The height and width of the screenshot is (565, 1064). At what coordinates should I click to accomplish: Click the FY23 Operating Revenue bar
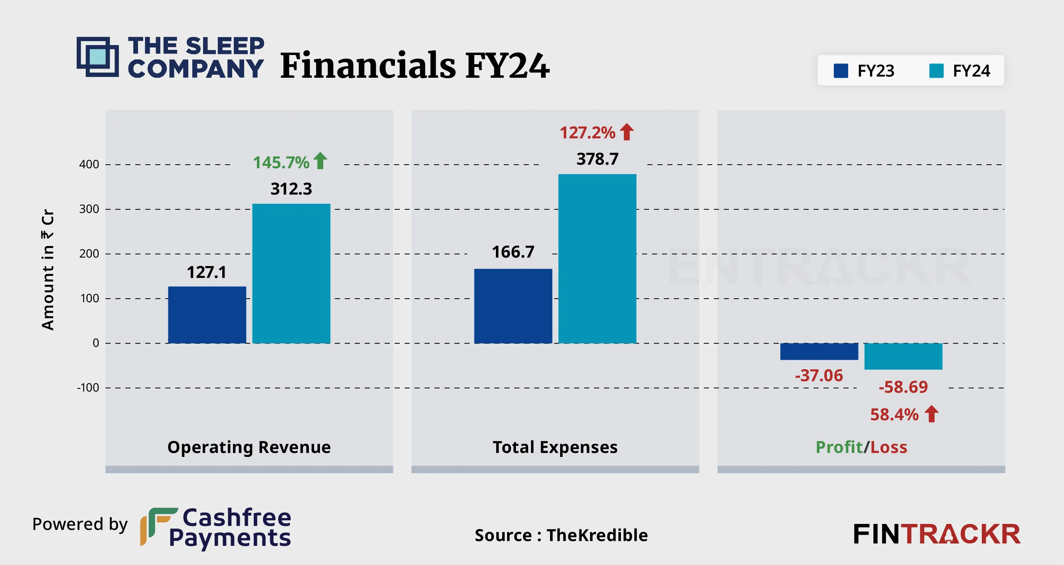(x=207, y=315)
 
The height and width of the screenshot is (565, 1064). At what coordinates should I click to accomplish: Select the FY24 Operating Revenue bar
(x=291, y=273)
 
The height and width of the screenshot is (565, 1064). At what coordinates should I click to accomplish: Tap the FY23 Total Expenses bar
(x=513, y=306)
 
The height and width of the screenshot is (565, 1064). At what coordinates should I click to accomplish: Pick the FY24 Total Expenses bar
(x=597, y=258)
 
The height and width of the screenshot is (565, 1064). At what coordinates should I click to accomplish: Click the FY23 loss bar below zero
(x=819, y=351)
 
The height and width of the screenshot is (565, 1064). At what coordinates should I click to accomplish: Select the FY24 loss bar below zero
(x=903, y=356)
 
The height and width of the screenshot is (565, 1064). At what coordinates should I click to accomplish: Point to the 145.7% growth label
(x=281, y=162)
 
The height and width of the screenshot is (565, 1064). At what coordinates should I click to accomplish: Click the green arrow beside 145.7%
(x=320, y=161)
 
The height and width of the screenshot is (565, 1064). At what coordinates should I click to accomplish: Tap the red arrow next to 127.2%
(x=627, y=132)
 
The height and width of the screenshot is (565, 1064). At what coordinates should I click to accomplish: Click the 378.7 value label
(x=597, y=159)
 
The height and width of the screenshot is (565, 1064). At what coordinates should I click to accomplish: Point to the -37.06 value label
(x=819, y=376)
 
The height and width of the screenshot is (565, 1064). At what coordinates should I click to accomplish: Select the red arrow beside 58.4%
(x=932, y=414)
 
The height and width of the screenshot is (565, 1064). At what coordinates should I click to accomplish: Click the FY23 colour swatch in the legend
(x=841, y=71)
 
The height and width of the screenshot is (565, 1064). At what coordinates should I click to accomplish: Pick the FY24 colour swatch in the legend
(x=936, y=71)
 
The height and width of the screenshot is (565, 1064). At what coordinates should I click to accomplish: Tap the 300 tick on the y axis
(x=89, y=209)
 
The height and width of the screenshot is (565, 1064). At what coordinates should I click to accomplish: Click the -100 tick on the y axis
(x=88, y=388)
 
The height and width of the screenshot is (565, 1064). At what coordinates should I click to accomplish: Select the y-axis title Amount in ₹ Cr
(x=47, y=270)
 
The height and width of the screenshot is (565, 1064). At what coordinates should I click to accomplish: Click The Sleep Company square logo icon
(x=98, y=57)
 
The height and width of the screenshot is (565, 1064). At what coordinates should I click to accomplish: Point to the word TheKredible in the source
(x=597, y=535)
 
